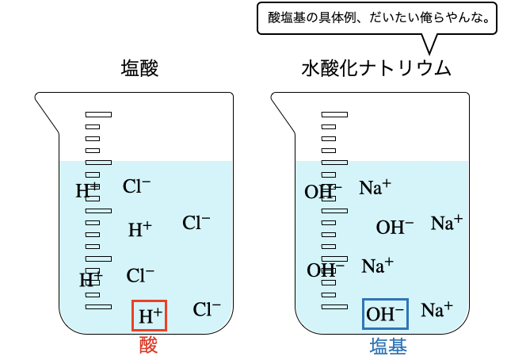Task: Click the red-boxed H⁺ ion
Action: tap(150, 316)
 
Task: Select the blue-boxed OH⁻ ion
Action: tap(385, 314)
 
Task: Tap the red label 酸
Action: tap(149, 346)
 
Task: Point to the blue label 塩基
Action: tap(388, 346)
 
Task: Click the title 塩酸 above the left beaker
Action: tap(140, 68)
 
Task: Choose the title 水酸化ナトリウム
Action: tap(376, 68)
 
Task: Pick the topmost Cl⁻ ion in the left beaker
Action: tap(137, 186)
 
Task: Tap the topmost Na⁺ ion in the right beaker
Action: tap(375, 187)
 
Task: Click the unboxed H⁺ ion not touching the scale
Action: tap(140, 230)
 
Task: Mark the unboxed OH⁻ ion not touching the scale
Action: tap(395, 228)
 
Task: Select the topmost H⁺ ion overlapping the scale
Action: tap(87, 190)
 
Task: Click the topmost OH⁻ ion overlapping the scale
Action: tap(322, 191)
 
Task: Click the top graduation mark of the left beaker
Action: tap(99, 115)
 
